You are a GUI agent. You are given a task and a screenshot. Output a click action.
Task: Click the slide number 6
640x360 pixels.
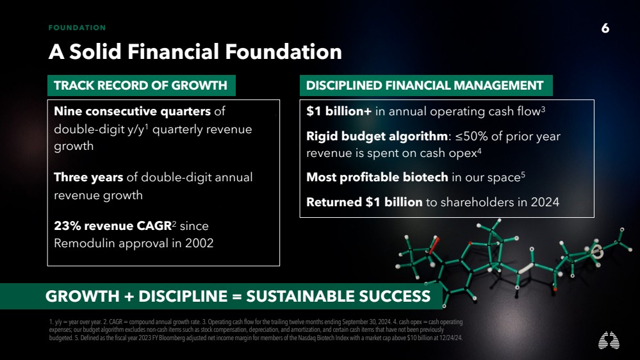pyautogui.click(x=605, y=28)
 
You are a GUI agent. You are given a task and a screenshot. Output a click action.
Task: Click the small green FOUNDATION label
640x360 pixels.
pyautogui.click(x=77, y=28)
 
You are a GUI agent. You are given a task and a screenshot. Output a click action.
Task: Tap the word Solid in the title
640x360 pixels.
pyautogui.click(x=95, y=52)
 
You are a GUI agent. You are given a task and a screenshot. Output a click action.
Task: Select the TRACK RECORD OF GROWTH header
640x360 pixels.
pyautogui.click(x=140, y=85)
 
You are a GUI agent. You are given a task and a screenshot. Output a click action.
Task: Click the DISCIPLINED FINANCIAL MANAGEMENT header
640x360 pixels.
pyautogui.click(x=425, y=85)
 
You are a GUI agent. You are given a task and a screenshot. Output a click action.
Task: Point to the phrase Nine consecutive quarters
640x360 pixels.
pyautogui.click(x=132, y=111)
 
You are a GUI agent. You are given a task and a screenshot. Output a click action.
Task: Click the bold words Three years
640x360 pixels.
pyautogui.click(x=88, y=177)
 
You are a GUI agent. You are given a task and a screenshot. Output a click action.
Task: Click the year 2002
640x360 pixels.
pyautogui.click(x=199, y=243)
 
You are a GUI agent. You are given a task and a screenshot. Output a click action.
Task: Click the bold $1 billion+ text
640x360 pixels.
pyautogui.click(x=339, y=111)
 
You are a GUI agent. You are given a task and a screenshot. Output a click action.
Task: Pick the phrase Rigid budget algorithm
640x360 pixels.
pyautogui.click(x=377, y=136)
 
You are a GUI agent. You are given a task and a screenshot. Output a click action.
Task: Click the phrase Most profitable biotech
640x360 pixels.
pyautogui.click(x=377, y=177)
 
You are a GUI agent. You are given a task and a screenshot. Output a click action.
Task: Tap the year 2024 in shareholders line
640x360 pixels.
pyautogui.click(x=545, y=202)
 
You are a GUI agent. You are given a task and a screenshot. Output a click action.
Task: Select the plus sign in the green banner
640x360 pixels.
pyautogui.click(x=129, y=297)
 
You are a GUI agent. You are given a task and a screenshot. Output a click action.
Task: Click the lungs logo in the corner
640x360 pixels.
pyautogui.click(x=609, y=340)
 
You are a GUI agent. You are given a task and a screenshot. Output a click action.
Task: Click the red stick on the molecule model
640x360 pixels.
pyautogui.click(x=434, y=245)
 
